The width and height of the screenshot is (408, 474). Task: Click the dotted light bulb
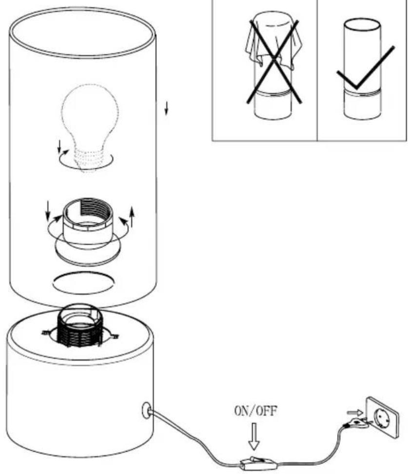pos(90,127)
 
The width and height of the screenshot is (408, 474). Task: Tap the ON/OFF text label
pos(255,411)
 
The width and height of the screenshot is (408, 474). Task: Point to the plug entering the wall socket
pos(357,423)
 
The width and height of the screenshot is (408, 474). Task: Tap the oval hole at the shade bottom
pos(83,283)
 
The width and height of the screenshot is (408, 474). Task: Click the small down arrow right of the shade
pos(166,108)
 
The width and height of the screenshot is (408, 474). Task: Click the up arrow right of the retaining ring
pos(132,217)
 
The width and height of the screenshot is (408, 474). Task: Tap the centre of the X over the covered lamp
pos(274,61)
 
